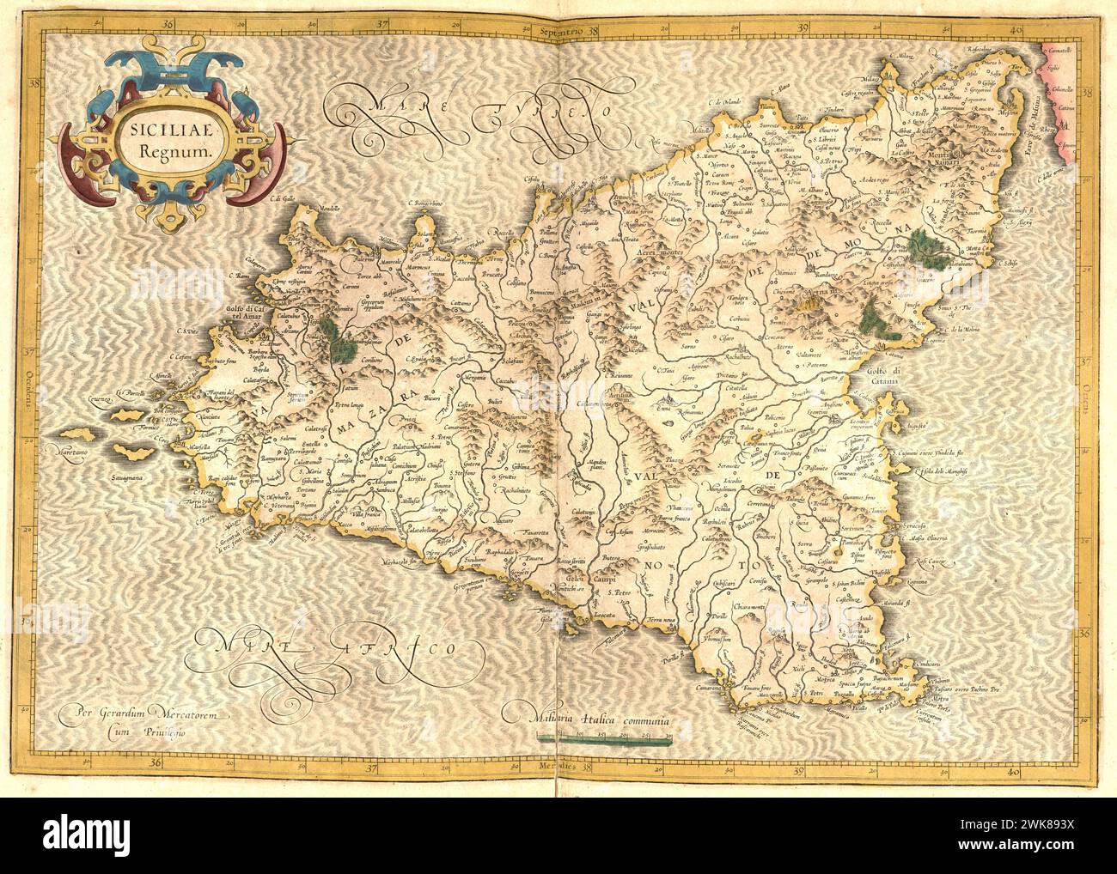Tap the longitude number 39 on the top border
tap(804, 28)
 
